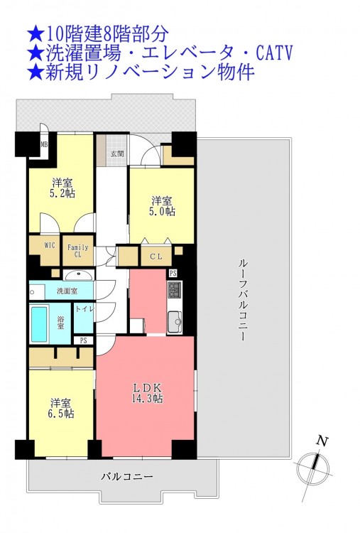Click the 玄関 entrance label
tap(117, 154)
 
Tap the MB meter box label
tap(44, 144)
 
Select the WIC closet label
tap(50, 245)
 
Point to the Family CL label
tap(78, 251)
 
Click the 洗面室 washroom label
tap(67, 291)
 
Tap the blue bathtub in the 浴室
tap(39, 324)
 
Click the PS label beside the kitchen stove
tap(173, 274)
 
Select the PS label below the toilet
tap(84, 340)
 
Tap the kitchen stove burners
tap(175, 290)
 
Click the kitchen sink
tap(175, 321)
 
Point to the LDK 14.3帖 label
tap(147, 392)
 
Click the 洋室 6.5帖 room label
tap(61, 408)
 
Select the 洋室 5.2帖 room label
tap(62, 188)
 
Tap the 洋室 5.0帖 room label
tap(163, 206)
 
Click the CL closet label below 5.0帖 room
tap(156, 257)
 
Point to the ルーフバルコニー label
tap(243, 300)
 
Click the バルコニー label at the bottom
tap(127, 477)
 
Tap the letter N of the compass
tap(322, 441)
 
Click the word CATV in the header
tap(274, 53)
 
